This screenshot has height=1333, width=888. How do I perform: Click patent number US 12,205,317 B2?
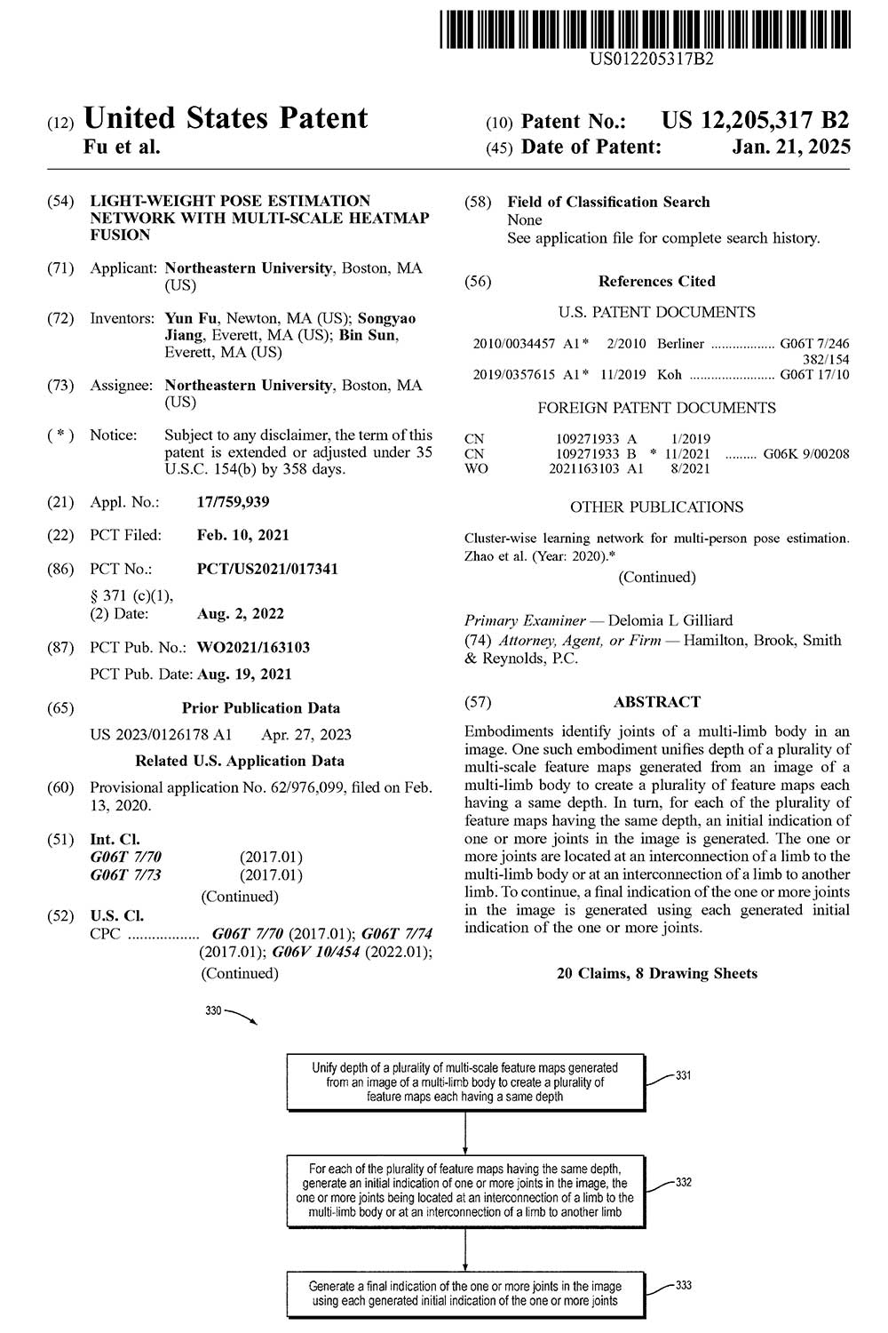(755, 120)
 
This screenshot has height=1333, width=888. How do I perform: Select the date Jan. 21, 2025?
(790, 148)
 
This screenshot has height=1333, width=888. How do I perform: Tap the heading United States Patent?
(225, 118)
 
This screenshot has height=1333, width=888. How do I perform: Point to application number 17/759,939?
(233, 502)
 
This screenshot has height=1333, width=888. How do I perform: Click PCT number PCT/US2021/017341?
(267, 569)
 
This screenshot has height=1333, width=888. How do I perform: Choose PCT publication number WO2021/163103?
(253, 647)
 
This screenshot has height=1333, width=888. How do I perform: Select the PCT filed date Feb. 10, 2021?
(242, 535)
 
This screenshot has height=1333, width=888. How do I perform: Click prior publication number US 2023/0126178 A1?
(161, 734)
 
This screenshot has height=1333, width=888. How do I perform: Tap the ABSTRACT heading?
(656, 702)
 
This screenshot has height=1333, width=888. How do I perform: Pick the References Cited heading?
(656, 281)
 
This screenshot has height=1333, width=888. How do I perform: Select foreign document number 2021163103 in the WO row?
(585, 468)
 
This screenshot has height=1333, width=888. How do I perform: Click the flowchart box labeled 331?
(465, 1082)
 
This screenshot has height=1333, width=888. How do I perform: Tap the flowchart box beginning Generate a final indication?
(465, 1293)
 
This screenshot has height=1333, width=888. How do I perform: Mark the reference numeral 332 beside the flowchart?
(684, 1183)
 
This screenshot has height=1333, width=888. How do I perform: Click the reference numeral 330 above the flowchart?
(213, 1011)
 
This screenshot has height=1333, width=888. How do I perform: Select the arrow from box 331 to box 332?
(465, 1132)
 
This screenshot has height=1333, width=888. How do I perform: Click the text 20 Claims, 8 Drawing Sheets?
(656, 973)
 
